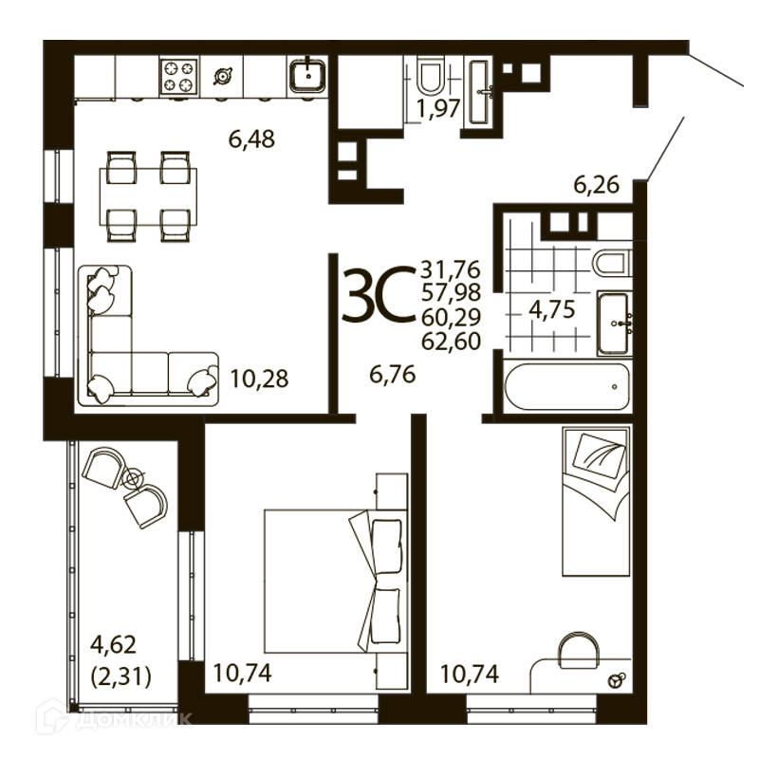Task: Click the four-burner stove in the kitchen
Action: (x=178, y=76)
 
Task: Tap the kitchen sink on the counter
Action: (x=307, y=75)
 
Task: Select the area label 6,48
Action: (x=251, y=139)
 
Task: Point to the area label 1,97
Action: (x=438, y=108)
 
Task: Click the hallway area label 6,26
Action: (x=597, y=184)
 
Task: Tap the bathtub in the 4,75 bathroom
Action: (x=566, y=386)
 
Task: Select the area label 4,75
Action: (x=552, y=309)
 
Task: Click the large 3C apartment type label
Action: (x=379, y=294)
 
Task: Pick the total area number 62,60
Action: (x=452, y=342)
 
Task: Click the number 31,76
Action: (x=450, y=269)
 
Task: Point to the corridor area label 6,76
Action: (x=392, y=375)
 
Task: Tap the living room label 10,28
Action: (x=259, y=379)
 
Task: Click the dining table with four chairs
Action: (x=148, y=196)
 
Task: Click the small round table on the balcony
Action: (x=132, y=479)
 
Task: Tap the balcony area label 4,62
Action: (x=113, y=645)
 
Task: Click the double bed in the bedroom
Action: (x=335, y=581)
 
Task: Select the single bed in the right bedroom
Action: (x=597, y=501)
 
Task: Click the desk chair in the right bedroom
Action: (x=579, y=649)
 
